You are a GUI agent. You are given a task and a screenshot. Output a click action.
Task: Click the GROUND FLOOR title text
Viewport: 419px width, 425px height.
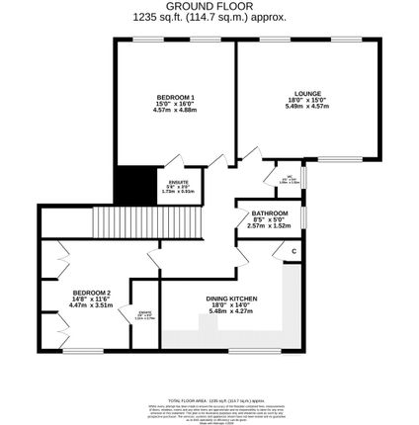[209, 6]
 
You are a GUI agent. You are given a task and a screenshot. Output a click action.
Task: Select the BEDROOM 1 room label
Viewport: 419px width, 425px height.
[175, 96]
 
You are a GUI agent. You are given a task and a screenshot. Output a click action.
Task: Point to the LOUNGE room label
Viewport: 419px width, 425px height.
[306, 94]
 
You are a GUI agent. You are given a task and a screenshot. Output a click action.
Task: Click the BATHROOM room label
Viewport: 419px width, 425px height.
[269, 213]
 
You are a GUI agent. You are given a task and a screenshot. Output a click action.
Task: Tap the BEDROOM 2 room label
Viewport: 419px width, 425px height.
[91, 293]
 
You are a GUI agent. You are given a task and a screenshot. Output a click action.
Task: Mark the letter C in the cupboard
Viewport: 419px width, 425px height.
[293, 251]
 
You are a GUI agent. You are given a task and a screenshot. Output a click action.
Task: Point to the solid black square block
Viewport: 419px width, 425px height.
[135, 183]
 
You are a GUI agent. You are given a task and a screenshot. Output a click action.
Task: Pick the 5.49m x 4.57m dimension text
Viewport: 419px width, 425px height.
[306, 106]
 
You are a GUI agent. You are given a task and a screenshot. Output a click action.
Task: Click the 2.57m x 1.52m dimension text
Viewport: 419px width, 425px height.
[269, 225]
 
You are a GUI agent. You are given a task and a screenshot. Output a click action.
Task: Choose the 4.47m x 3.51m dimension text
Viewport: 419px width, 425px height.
[91, 305]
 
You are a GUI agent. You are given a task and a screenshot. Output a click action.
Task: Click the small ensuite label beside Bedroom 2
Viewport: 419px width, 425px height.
[144, 315]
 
